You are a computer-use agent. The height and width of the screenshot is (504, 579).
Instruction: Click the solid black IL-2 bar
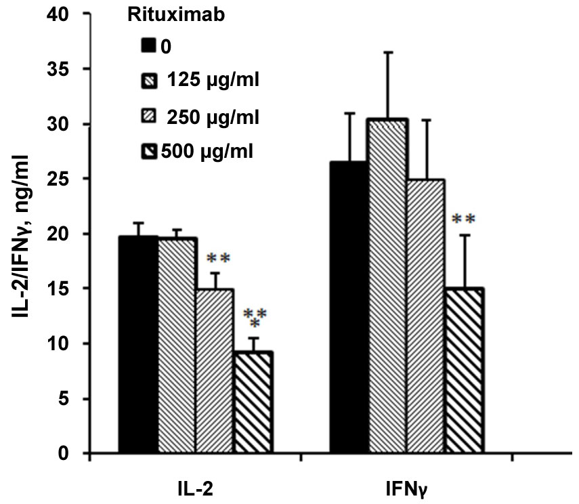coord(138,345)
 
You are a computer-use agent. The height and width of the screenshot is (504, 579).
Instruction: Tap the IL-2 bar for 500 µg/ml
coord(255,402)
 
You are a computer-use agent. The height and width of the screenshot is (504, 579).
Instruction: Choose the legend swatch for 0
coord(148,47)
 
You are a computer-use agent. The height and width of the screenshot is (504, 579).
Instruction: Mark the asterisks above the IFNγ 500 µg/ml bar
coord(464,219)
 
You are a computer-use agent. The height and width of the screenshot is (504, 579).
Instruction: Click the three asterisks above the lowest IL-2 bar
coord(254,316)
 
